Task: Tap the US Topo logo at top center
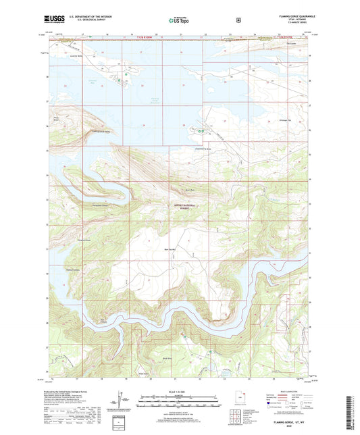click(179, 21)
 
